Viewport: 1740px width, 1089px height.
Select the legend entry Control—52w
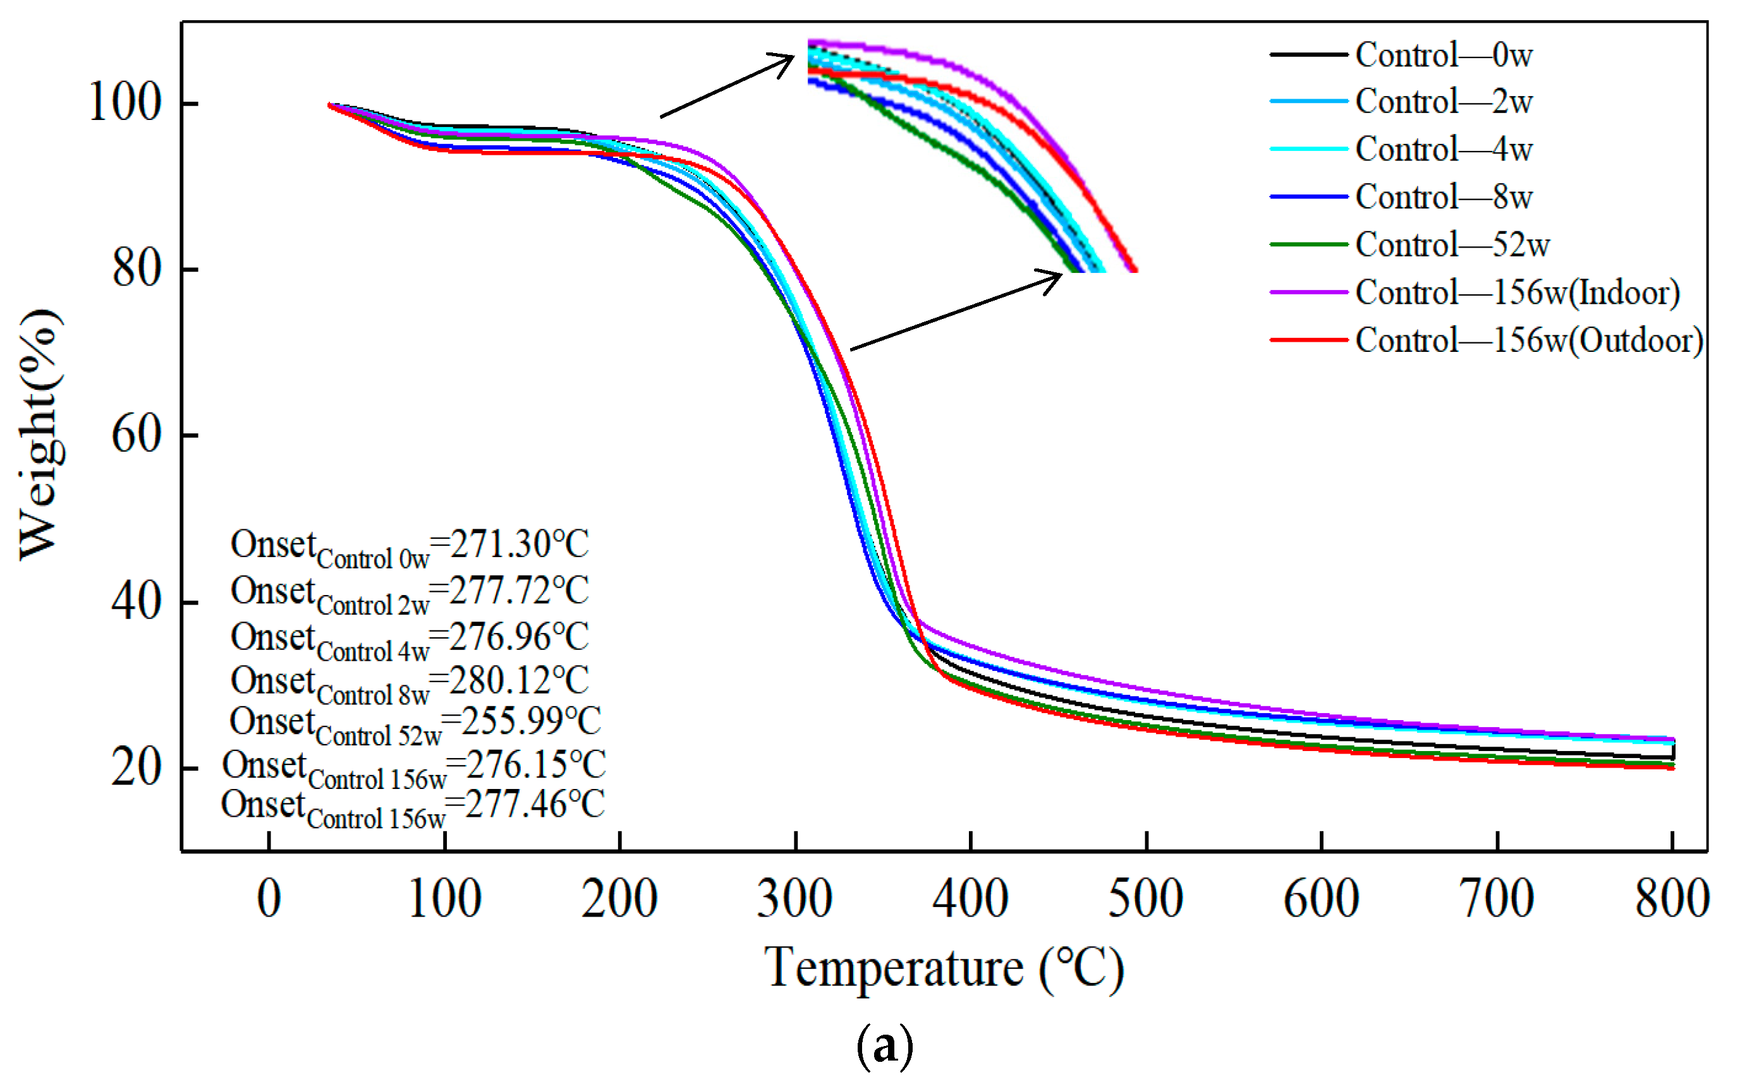pyautogui.click(x=1452, y=245)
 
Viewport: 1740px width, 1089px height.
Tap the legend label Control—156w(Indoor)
pyautogui.click(x=1517, y=292)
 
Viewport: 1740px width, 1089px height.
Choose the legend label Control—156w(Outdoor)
pyautogui.click(x=1528, y=340)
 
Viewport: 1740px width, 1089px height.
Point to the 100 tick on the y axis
pyautogui.click(x=124, y=102)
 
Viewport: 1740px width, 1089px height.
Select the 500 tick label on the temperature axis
pyautogui.click(x=1146, y=899)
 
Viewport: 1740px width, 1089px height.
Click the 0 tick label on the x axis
pyautogui.click(x=269, y=899)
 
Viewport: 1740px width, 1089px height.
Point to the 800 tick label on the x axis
pyautogui.click(x=1672, y=899)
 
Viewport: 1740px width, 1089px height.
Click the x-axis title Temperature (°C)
pyautogui.click(x=944, y=969)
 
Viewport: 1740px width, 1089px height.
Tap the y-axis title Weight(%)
pyautogui.click(x=40, y=435)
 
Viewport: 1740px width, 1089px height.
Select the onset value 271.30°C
pyautogui.click(x=519, y=544)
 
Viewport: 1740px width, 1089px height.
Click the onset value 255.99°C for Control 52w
pyautogui.click(x=531, y=720)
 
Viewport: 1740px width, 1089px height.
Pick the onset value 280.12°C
pyautogui.click(x=519, y=680)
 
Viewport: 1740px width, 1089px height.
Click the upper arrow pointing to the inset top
pyautogui.click(x=727, y=85)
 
